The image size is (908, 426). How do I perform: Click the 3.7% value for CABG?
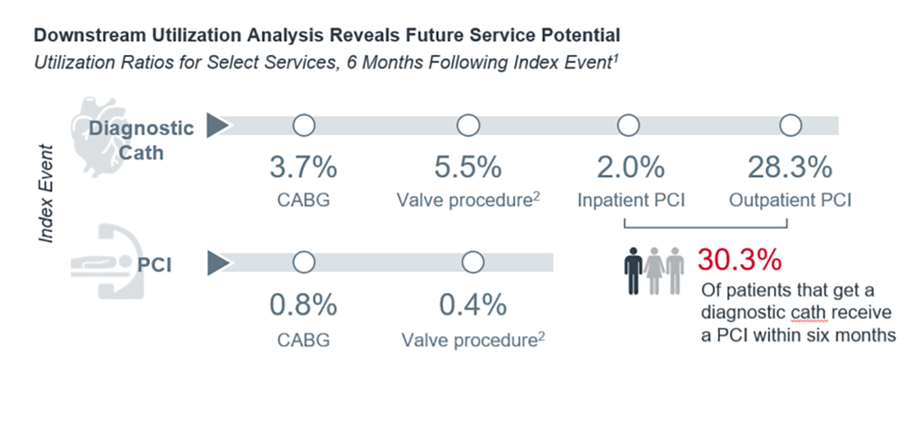coord(304,167)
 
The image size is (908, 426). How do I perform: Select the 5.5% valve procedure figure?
coord(468,167)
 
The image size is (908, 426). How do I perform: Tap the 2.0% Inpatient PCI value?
coord(630,167)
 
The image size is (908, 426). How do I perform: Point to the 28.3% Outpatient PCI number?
coord(790,167)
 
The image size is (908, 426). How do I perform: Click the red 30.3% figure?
coord(740,259)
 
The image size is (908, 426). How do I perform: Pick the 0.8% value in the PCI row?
coord(304,304)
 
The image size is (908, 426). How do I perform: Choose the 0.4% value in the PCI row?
coord(473,304)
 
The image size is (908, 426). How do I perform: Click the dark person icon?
coord(633,271)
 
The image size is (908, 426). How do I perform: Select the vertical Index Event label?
coord(46,194)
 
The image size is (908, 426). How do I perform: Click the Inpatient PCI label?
coord(631,200)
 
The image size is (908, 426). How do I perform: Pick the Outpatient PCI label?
coord(790,200)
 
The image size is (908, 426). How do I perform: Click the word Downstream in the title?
coord(90,35)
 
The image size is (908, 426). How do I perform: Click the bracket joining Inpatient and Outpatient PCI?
coord(706,227)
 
